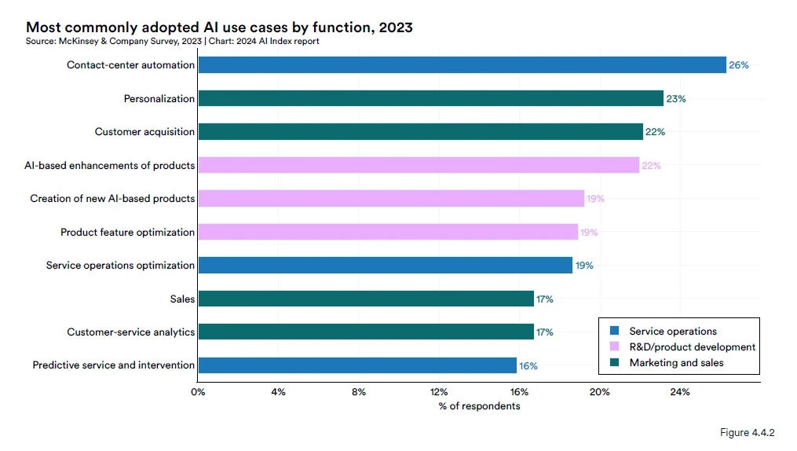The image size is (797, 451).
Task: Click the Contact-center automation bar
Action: coord(462,65)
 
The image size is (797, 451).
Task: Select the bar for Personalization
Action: coord(430,99)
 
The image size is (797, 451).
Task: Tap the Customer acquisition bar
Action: coord(420,132)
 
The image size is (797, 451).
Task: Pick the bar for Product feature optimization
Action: coord(388,232)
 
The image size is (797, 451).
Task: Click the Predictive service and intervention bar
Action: coord(357,365)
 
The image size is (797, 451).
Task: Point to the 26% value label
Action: coord(739,65)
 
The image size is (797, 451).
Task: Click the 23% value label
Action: coord(676,99)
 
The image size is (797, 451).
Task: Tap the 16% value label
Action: coord(528,365)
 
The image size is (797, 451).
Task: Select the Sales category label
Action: coord(182,299)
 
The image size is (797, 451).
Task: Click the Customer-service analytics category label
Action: coord(130,332)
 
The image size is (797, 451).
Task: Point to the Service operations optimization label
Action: coord(120,266)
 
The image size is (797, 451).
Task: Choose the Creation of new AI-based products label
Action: coord(112,199)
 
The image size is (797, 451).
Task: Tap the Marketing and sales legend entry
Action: coord(676,363)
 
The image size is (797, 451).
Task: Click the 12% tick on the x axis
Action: coord(439,392)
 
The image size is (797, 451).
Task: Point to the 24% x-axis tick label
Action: coord(679,392)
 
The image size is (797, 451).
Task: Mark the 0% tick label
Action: coord(198,392)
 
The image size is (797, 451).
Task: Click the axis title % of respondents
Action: coord(479,406)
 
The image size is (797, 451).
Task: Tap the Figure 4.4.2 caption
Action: coord(747,433)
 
